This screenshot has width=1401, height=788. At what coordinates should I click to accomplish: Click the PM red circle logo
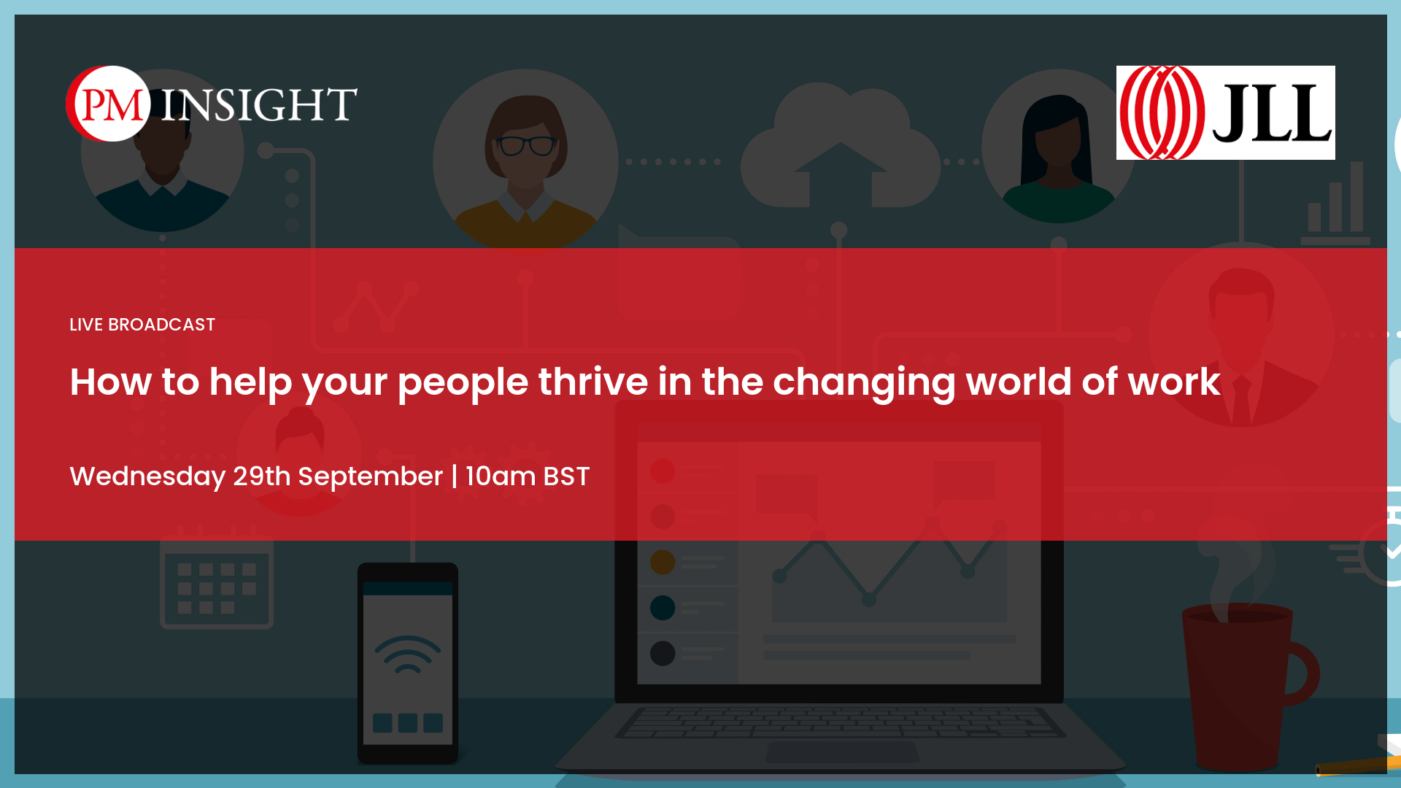coord(109,104)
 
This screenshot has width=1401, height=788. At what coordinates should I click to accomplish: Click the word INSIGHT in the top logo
coord(259,104)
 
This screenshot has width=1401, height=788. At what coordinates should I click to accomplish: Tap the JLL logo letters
coord(1272,112)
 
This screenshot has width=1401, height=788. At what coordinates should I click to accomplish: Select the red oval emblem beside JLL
coord(1162,112)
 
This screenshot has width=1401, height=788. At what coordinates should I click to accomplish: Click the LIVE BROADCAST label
coord(142,325)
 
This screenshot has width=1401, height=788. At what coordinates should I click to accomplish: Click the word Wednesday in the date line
coord(147,476)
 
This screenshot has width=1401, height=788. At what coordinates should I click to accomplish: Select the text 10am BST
coord(528,476)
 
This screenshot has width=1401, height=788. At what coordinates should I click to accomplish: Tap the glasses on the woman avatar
coord(526,146)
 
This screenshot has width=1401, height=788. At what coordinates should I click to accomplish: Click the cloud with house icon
coord(841,146)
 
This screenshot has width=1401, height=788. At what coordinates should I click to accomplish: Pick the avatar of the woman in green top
coord(1058,146)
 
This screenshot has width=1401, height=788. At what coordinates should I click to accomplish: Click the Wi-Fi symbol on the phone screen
coord(408,654)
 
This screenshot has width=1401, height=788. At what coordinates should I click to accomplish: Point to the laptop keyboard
coord(841,722)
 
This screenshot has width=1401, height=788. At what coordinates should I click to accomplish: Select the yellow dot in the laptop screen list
coord(663,562)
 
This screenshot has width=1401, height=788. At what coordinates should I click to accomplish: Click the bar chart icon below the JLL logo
coord(1335,204)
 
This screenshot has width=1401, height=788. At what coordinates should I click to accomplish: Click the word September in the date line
coord(371,476)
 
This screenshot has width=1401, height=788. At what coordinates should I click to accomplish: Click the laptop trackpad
coord(842,752)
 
